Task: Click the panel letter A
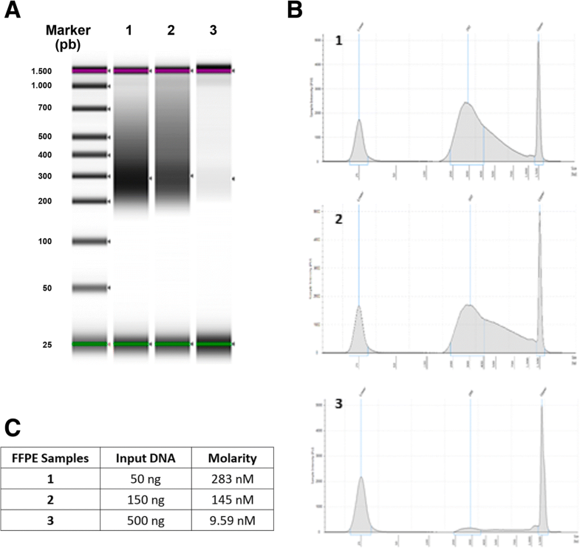(x=10, y=12)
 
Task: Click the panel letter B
(x=294, y=10)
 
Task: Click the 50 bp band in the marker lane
(x=90, y=288)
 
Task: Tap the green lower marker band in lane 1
(x=131, y=345)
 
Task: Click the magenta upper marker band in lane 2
(x=172, y=71)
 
